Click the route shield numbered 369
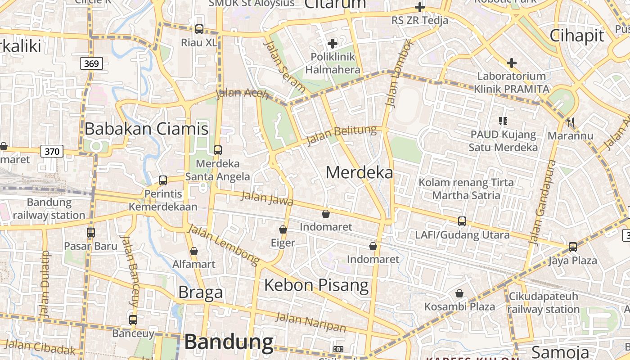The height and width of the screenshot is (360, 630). pos(91,63)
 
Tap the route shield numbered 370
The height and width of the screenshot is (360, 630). pos(52,151)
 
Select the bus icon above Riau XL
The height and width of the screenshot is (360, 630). pos(199,29)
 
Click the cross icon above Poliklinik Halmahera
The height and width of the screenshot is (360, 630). pos(333,44)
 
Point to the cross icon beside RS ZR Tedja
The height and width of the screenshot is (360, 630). pos(420,7)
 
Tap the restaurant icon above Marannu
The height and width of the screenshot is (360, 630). pos(571,122)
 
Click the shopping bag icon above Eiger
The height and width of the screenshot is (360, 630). pos(283,229)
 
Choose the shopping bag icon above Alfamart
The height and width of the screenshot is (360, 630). pos(194,251)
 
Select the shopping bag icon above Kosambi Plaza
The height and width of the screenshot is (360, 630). pos(459,293)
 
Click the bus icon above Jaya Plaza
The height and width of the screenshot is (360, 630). pos(573,247)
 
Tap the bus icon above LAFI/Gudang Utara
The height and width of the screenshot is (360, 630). pos(462,221)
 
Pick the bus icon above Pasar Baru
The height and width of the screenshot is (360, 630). pos(91,233)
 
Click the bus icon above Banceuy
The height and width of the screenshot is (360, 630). pos(133,320)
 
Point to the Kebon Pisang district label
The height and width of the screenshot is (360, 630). pos(316,285)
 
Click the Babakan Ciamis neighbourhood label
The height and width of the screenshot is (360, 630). pos(146,129)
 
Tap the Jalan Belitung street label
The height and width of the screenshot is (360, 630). pos(341,135)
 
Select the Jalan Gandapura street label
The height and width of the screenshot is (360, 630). pos(543,202)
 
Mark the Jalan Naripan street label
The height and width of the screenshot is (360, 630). pos(311,322)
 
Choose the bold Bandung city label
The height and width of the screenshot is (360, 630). pos(229,342)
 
